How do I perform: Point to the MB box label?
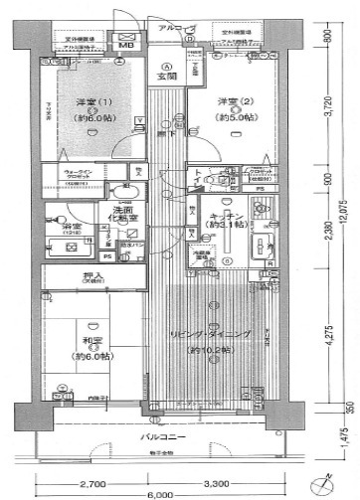(126, 46)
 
